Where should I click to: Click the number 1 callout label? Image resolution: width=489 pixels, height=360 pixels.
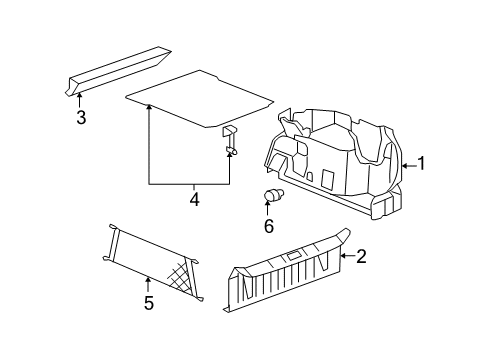click(422, 164)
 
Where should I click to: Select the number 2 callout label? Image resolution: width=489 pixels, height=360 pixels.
click(361, 257)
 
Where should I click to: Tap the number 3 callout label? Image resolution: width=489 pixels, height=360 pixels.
click(81, 118)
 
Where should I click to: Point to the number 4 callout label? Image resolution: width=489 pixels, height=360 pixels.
click(194, 200)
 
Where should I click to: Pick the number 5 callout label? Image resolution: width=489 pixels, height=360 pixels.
click(148, 303)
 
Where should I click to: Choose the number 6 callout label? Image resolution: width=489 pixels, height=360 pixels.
click(268, 226)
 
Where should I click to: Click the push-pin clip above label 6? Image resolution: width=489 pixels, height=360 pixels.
click(272, 195)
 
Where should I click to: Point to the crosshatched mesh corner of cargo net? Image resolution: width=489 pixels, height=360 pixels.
click(183, 272)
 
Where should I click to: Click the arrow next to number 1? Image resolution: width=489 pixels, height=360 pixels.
click(406, 164)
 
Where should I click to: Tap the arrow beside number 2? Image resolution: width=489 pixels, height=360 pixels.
click(345, 257)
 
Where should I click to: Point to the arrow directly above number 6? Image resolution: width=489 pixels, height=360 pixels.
click(268, 208)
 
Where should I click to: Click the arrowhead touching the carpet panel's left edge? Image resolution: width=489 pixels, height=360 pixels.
click(149, 106)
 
